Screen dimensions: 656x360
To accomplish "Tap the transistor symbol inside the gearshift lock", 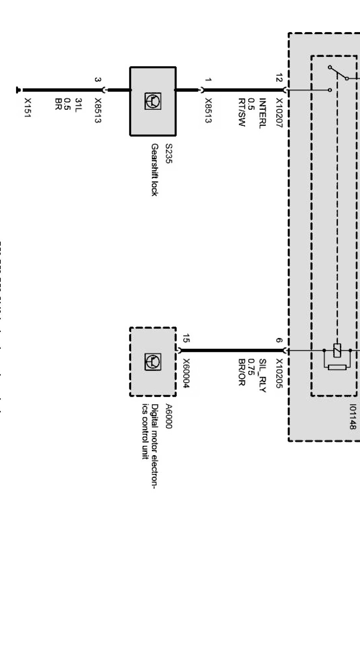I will (x=153, y=101).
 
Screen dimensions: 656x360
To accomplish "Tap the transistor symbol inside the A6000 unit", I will (x=153, y=362).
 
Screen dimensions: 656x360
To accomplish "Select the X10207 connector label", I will (x=279, y=113).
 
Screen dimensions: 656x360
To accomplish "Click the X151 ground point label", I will (x=28, y=108).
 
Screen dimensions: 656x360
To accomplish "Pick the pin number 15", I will (x=186, y=338).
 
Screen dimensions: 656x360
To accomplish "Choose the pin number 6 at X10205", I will (x=279, y=340).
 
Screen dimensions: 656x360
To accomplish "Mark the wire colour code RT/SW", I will (x=241, y=112).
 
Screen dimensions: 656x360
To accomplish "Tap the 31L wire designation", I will (x=78, y=105).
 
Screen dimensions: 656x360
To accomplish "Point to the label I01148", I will (x=353, y=417).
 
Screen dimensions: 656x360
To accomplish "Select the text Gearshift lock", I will (x=154, y=170).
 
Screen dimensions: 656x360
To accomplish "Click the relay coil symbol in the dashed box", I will (x=337, y=350).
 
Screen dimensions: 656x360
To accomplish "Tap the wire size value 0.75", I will (x=252, y=367).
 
